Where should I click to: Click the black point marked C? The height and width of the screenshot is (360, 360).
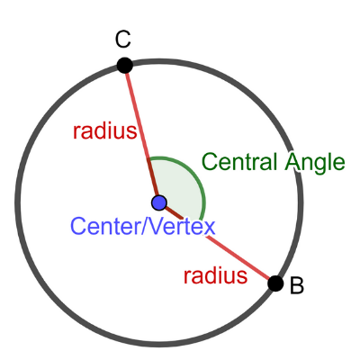[x=124, y=66]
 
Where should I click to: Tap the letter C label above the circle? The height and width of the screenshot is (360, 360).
[x=123, y=40]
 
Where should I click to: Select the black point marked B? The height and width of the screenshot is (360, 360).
[x=275, y=283]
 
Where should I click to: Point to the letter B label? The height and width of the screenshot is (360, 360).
[x=297, y=285]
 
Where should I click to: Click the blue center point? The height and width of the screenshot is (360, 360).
[x=159, y=202]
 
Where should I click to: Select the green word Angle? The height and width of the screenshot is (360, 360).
[x=315, y=164]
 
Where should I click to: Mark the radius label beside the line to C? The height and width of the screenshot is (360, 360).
[x=105, y=130]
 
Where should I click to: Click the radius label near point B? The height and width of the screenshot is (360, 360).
[x=215, y=275]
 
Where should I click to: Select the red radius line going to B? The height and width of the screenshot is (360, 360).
[x=218, y=243]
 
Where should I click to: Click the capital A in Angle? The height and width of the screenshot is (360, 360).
[x=292, y=162]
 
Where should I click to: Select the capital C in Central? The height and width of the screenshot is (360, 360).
[x=210, y=162]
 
